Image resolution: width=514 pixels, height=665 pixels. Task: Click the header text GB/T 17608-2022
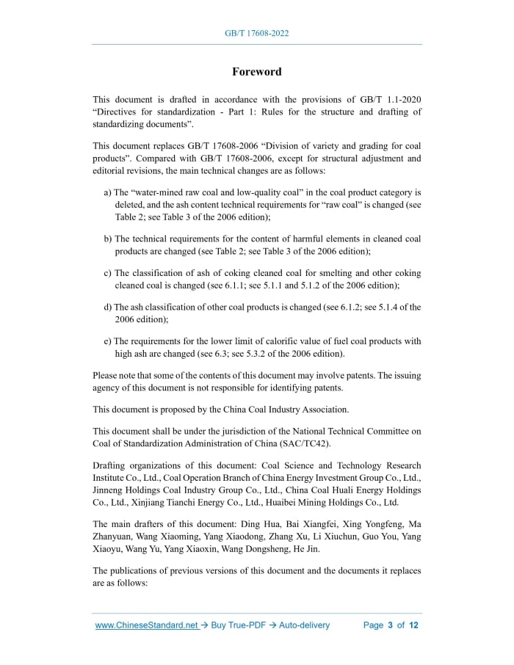256,34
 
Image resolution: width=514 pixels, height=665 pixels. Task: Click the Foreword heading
256,71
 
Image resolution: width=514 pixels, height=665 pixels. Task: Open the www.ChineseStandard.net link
147,625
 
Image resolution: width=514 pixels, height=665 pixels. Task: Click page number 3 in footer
391,625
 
